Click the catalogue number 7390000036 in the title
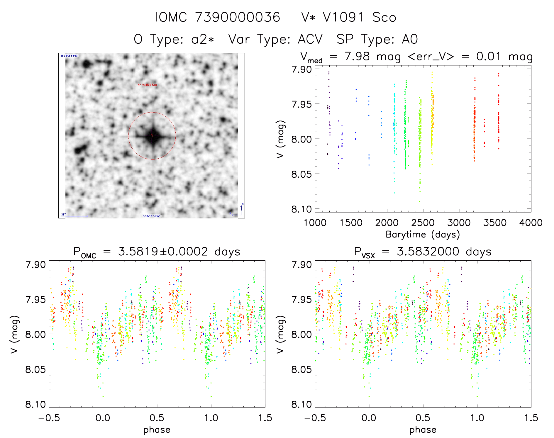click(238, 17)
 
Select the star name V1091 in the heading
click(343, 17)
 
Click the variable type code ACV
click(310, 39)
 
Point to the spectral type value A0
click(410, 39)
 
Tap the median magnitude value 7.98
click(357, 56)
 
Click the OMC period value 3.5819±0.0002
click(163, 252)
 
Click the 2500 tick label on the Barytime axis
click(423, 223)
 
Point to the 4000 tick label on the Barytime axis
click(531, 223)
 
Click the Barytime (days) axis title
click(423, 235)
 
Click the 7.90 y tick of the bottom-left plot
click(35, 264)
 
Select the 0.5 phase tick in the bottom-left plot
click(157, 418)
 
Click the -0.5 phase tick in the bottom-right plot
click(315, 418)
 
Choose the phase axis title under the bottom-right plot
click(423, 430)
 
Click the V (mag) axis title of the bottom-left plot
click(14, 334)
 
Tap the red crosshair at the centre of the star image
click(152, 135)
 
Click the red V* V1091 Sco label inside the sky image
click(148, 85)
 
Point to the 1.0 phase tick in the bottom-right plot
click(477, 418)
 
